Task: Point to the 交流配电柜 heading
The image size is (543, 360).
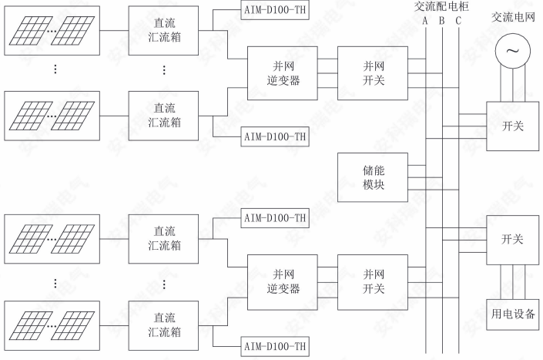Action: click(441, 6)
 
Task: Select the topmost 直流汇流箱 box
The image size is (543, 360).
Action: click(163, 31)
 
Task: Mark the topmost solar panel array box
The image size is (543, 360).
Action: click(52, 31)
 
